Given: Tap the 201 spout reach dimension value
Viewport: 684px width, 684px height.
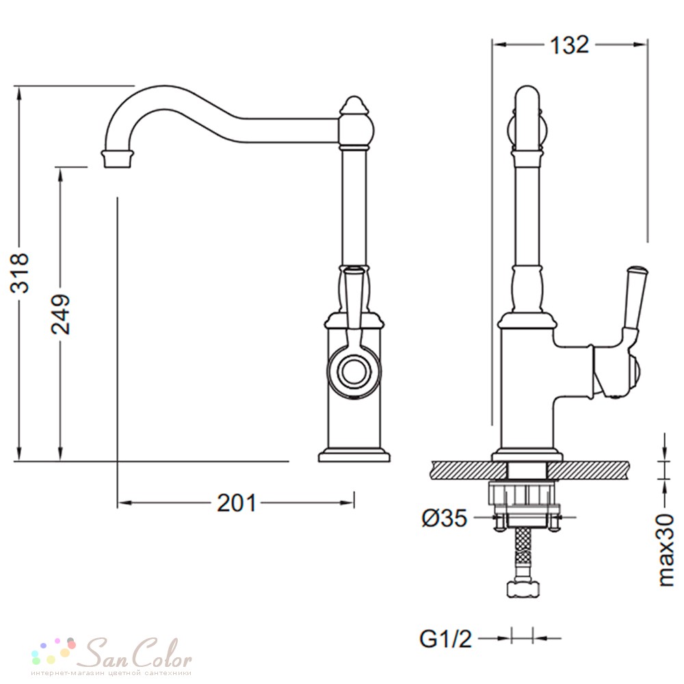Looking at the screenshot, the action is point(237,503).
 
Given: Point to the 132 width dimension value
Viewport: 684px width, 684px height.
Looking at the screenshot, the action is point(570,44).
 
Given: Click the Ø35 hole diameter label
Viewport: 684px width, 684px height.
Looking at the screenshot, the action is point(445,518).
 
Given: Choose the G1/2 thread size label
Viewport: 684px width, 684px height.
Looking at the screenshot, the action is point(446,639).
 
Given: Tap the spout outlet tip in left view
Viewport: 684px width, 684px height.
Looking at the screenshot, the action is point(118,159).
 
